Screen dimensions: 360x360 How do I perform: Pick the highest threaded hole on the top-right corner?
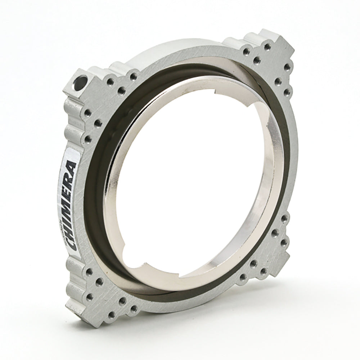coord(267,46)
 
